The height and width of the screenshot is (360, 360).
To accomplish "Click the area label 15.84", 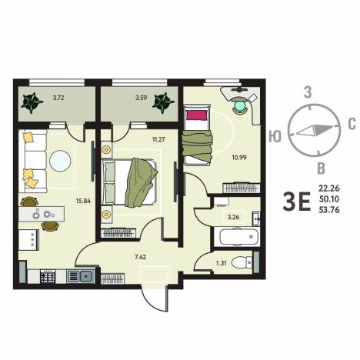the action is [x=83, y=201].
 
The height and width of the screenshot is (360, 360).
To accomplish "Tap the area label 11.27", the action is [x=158, y=139].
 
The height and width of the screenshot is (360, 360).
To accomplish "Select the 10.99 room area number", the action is [x=239, y=158].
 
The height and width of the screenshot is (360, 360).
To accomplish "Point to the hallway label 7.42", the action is [x=141, y=257].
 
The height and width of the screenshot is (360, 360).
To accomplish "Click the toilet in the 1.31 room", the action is [x=242, y=262].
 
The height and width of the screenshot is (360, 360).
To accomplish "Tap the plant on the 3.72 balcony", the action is [x=32, y=102].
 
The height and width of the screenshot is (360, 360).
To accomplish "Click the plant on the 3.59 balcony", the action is [x=163, y=102].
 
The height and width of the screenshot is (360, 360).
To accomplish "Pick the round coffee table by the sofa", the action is [x=60, y=161].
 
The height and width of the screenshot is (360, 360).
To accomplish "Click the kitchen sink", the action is [x=80, y=276].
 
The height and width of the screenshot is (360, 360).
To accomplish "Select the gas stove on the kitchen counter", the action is [x=48, y=276].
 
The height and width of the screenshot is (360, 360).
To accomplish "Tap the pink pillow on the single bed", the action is [x=196, y=115].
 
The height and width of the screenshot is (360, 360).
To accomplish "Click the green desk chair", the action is [x=240, y=106].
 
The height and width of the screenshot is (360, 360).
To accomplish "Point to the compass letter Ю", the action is [x=275, y=136].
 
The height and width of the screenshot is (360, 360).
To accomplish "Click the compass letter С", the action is [x=352, y=124].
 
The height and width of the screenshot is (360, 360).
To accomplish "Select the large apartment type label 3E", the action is [x=297, y=202].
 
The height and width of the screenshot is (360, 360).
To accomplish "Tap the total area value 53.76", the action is [x=329, y=210].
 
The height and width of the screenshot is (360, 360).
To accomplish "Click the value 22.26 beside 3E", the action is [x=329, y=188].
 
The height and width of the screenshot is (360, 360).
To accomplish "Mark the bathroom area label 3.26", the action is [x=234, y=217].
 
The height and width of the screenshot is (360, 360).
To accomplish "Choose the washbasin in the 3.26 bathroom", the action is [x=256, y=218].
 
